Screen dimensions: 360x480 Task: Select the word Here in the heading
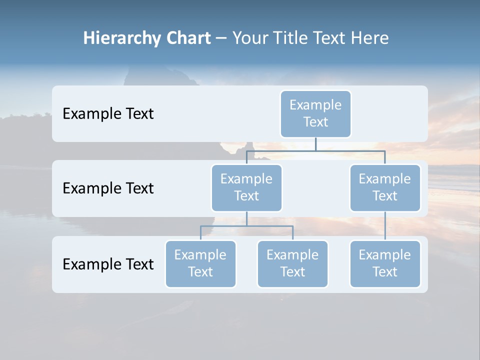[370, 38]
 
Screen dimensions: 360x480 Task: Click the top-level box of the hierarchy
[315, 114]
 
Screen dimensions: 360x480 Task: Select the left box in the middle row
[246, 188]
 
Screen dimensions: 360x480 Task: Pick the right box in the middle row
[385, 188]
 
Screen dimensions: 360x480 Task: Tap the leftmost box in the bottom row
[200, 264]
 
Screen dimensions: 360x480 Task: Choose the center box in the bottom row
[292, 264]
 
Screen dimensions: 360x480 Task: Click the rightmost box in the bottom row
[385, 264]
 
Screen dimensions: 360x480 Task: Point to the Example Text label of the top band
[108, 114]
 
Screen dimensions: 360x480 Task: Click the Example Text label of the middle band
[108, 188]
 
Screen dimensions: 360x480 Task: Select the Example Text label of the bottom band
[108, 264]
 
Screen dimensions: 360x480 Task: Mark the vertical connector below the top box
[315, 144]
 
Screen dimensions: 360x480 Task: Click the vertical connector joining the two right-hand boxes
[385, 226]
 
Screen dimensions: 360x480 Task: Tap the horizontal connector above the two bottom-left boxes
[246, 226]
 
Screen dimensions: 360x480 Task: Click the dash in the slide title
[221, 38]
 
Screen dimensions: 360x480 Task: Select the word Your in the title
[248, 38]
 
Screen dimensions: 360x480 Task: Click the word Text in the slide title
[330, 38]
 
